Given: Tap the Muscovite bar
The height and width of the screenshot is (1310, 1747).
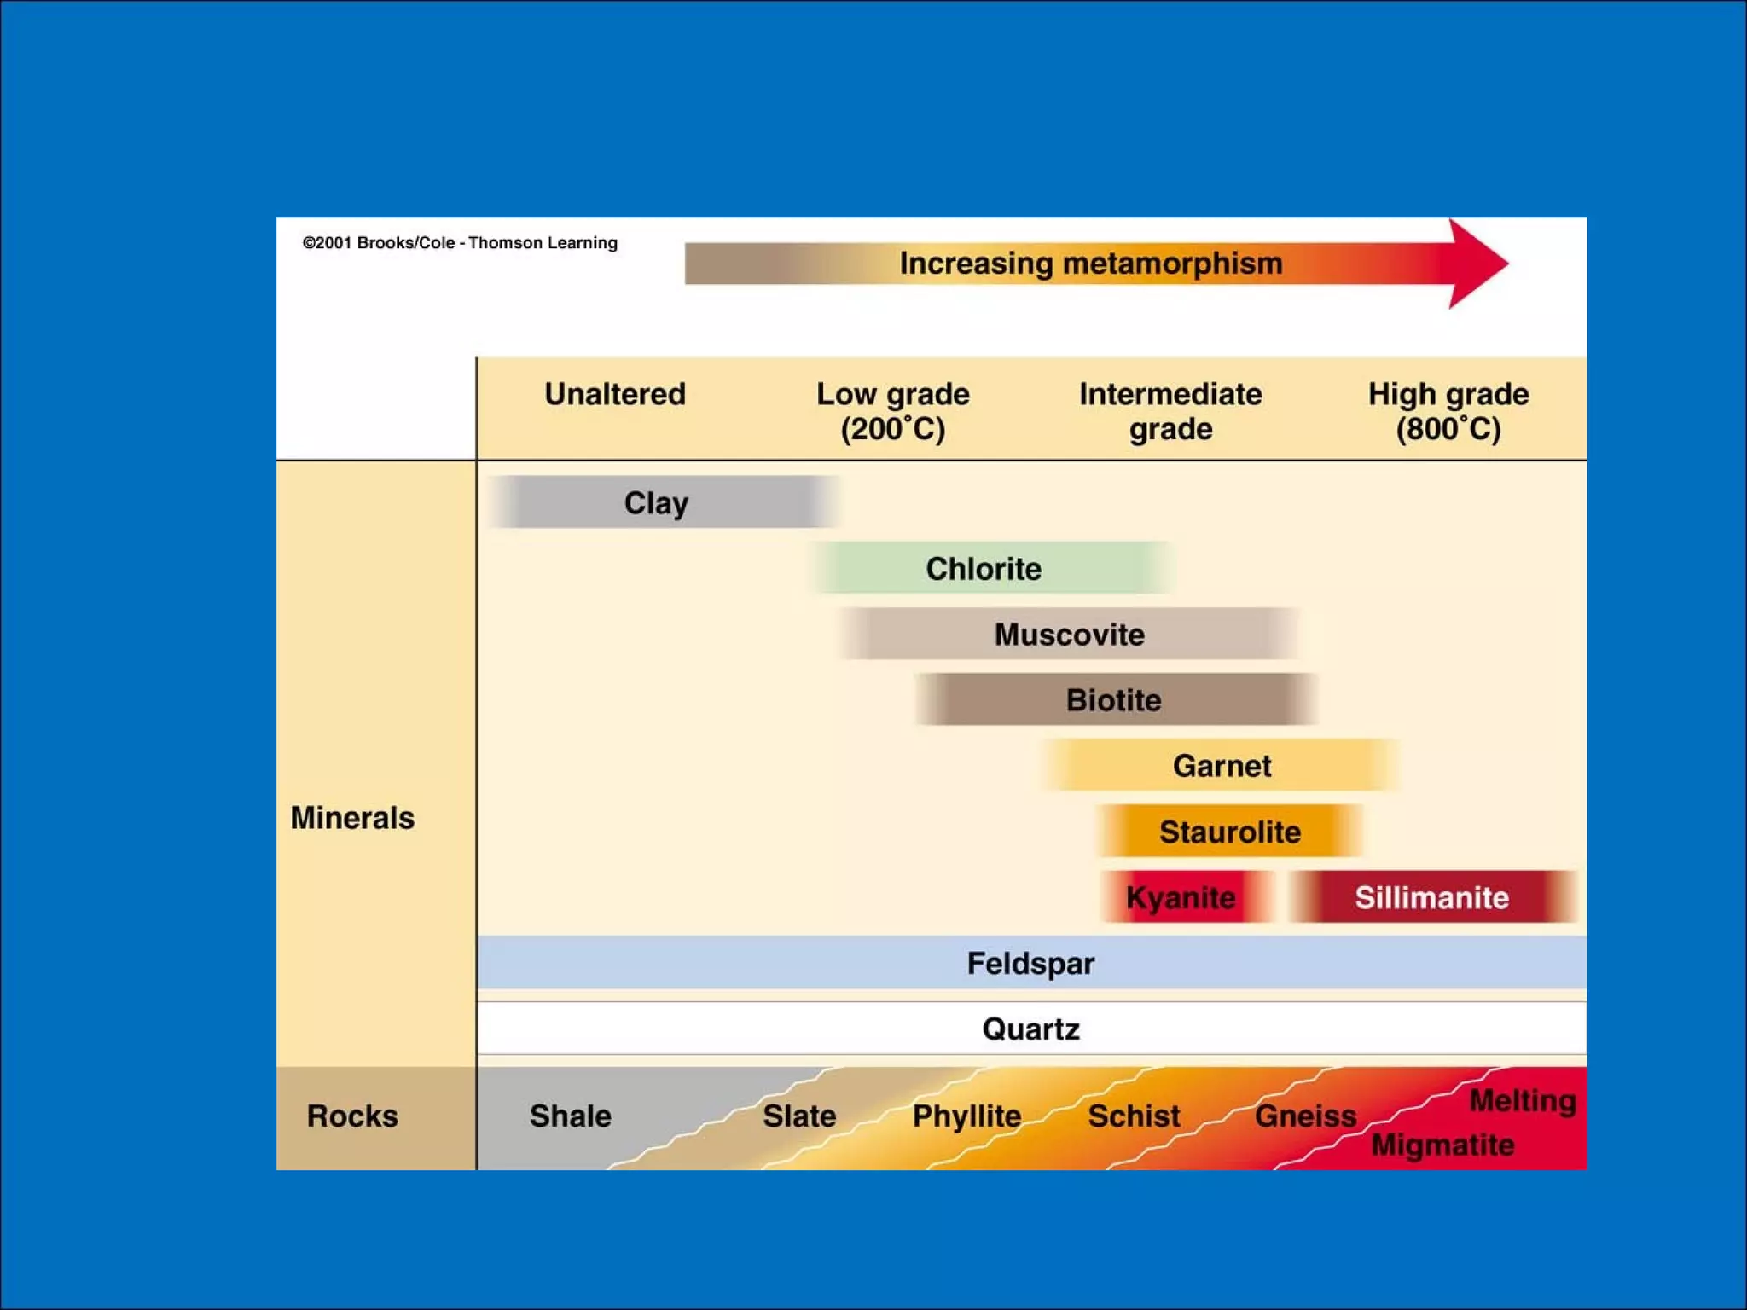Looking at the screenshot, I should [1069, 634].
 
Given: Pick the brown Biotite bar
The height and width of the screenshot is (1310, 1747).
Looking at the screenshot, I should [1114, 699].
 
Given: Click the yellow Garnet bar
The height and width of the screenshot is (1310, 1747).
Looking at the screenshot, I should [1221, 765].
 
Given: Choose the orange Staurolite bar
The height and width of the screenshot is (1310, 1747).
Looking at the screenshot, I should [1229, 831].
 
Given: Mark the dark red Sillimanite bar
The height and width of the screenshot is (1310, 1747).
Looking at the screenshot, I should [1431, 896].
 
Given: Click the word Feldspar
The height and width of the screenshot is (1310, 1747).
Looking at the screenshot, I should [1030, 963].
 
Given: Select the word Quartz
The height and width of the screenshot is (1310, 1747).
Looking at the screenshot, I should [1030, 1029].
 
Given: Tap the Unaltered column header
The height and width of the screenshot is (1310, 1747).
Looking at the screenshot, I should [614, 394].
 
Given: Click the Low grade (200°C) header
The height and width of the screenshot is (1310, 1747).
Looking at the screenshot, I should [892, 410].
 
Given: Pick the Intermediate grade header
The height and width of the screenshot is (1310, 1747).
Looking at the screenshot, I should [1170, 410].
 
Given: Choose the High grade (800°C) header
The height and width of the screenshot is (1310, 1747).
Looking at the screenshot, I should [1448, 410].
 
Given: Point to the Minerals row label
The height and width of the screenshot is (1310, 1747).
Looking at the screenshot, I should [352, 817].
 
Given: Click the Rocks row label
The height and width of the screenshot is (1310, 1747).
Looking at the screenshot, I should [352, 1116].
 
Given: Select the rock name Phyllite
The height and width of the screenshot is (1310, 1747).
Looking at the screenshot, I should [966, 1116].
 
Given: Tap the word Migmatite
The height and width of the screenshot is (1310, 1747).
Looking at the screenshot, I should [1442, 1145].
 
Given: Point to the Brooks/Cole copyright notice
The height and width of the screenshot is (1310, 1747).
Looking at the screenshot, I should [460, 242].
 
